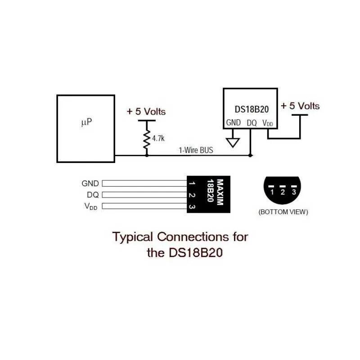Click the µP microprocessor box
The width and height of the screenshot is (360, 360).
click(x=85, y=128)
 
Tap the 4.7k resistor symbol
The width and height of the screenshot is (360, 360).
click(x=146, y=140)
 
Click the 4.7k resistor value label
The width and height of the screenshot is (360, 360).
click(x=158, y=139)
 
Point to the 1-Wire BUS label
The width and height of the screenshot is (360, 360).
click(x=196, y=150)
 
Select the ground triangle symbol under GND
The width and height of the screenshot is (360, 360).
click(x=233, y=142)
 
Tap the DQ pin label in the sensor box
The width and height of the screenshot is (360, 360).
click(x=252, y=122)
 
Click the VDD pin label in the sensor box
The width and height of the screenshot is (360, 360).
click(x=268, y=123)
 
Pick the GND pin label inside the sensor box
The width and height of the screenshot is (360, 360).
click(x=234, y=122)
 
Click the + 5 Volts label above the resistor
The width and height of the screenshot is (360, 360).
click(x=146, y=111)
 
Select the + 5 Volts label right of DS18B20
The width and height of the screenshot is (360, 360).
click(x=300, y=106)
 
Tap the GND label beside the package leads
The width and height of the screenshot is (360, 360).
click(x=90, y=184)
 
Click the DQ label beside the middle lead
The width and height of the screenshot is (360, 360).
click(x=93, y=195)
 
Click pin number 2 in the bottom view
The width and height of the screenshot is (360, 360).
click(x=283, y=192)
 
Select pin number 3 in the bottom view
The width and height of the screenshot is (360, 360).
click(x=294, y=192)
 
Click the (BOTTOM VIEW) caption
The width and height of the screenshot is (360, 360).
click(x=283, y=211)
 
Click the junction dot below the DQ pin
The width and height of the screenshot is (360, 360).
click(x=251, y=156)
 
